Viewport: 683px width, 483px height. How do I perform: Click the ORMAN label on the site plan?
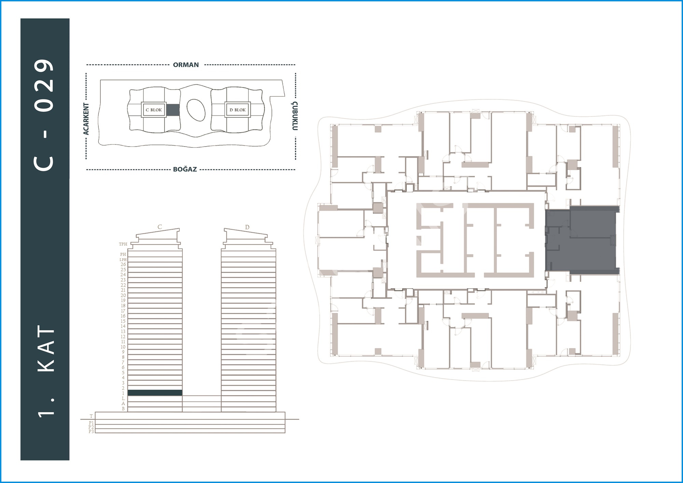[x=186, y=65]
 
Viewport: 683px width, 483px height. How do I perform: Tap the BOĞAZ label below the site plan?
[x=185, y=169]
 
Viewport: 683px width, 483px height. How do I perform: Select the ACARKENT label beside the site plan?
[x=86, y=119]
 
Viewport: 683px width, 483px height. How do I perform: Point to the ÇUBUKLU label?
[x=295, y=116]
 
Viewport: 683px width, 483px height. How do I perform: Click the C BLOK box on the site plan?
[x=154, y=110]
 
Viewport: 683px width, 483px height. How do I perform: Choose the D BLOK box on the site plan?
[x=238, y=110]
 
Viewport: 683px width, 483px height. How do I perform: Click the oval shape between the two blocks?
[x=196, y=110]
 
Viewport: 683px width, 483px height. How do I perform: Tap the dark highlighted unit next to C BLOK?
[x=173, y=110]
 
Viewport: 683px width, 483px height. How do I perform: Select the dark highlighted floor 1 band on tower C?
[x=155, y=393]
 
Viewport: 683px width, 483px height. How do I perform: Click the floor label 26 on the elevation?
[x=123, y=264]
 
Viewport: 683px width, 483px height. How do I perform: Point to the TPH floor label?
[x=123, y=244]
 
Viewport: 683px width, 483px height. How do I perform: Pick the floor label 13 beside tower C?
[x=123, y=331]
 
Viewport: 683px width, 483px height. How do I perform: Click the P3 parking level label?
[x=91, y=431]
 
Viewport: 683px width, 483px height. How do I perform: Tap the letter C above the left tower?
[x=159, y=227]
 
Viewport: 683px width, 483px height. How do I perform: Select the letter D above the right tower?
[x=247, y=227]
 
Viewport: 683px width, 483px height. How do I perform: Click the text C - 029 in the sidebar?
[x=44, y=115]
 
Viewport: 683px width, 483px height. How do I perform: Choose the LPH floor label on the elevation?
[x=123, y=260]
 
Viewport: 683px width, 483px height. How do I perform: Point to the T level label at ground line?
[x=91, y=416]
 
